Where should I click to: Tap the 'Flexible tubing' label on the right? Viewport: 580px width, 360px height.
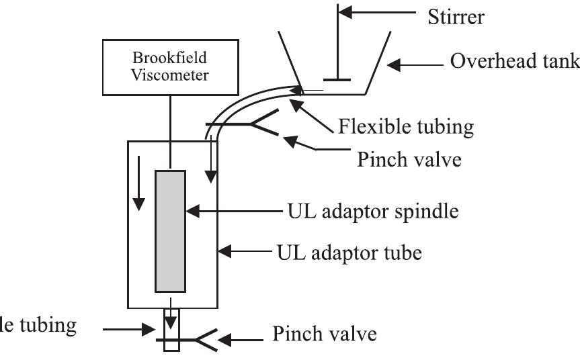coord(407,126)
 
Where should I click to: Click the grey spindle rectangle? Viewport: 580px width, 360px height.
coord(170,231)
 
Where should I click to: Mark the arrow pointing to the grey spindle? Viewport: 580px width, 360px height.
coord(229,211)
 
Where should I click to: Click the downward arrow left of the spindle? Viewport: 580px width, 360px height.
coord(138,182)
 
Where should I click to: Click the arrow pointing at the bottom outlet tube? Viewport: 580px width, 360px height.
coord(128,328)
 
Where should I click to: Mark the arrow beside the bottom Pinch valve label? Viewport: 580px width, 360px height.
coord(242,338)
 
